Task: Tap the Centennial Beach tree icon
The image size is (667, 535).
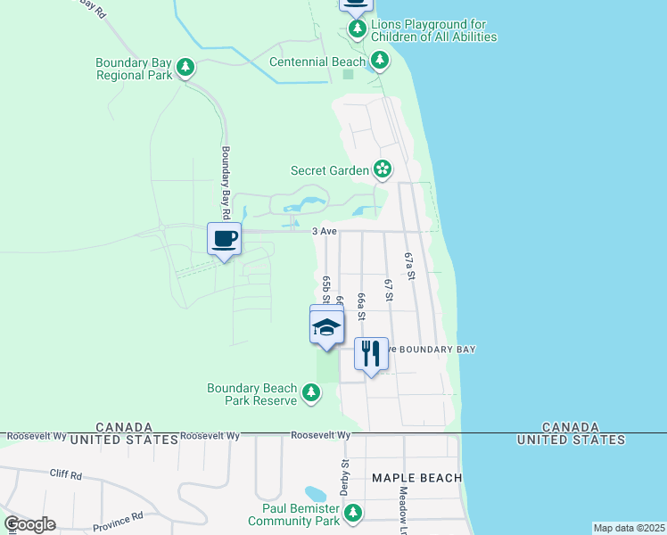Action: pyautogui.click(x=381, y=61)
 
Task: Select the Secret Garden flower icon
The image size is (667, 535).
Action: pyautogui.click(x=383, y=169)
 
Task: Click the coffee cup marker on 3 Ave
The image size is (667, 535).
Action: pyautogui.click(x=224, y=239)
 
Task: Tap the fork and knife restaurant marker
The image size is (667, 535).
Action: pyautogui.click(x=371, y=354)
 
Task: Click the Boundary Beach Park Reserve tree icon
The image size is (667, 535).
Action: pyautogui.click(x=311, y=392)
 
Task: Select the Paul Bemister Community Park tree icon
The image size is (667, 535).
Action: pyautogui.click(x=354, y=513)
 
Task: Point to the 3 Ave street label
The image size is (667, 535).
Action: pyautogui.click(x=325, y=232)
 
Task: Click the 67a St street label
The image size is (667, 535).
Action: pyautogui.click(x=410, y=266)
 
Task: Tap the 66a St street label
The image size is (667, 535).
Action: pyautogui.click(x=360, y=305)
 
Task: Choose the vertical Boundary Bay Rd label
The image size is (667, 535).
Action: pyautogui.click(x=226, y=175)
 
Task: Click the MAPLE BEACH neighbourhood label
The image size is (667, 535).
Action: pyautogui.click(x=416, y=478)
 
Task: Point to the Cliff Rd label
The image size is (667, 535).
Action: pyautogui.click(x=65, y=474)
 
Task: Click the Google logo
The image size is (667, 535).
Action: pyautogui.click(x=29, y=524)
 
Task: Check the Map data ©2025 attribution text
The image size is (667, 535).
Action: pyautogui.click(x=629, y=528)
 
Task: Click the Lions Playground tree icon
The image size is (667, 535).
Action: pyautogui.click(x=358, y=29)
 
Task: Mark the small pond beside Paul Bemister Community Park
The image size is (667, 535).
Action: pyautogui.click(x=316, y=494)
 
